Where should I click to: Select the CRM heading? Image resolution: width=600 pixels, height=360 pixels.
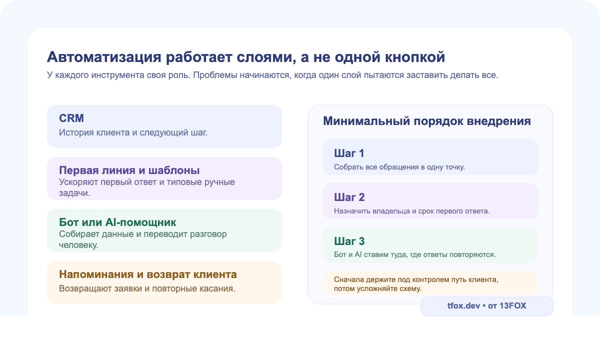click(71, 118)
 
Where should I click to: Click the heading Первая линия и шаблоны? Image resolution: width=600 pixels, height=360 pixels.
click(129, 170)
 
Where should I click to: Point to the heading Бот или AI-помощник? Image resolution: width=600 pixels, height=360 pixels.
click(117, 222)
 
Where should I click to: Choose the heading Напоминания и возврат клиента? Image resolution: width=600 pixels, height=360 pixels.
click(147, 274)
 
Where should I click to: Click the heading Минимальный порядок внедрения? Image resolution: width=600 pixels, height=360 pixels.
click(426, 121)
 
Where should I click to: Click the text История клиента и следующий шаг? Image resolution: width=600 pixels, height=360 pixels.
click(133, 133)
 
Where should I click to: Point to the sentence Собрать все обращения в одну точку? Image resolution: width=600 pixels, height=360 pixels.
click(399, 167)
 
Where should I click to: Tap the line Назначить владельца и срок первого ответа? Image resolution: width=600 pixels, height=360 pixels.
click(411, 211)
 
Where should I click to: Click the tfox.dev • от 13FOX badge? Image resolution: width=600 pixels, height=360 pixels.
click(486, 306)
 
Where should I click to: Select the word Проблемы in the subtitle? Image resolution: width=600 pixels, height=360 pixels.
click(212, 75)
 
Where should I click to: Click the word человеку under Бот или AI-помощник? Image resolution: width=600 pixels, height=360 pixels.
click(78, 245)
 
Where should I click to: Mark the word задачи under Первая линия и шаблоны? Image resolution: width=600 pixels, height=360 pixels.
click(74, 193)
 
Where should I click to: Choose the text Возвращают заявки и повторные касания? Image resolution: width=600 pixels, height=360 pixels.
click(147, 288)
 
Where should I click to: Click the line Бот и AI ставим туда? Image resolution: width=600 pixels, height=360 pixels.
click(414, 255)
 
